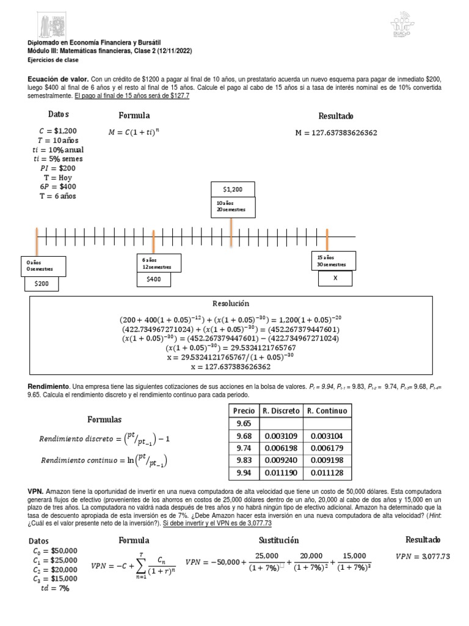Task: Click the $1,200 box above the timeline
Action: (233, 190)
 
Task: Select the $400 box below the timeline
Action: (153, 279)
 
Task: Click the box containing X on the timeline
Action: (335, 278)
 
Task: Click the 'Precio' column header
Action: (244, 411)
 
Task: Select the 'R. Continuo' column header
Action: (327, 411)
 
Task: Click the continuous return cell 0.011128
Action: (327, 472)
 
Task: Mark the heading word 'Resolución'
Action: (231, 304)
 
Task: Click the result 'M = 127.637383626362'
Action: (344, 133)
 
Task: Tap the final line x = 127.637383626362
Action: (231, 367)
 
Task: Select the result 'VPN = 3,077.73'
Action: (423, 556)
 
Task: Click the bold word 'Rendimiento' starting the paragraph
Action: (49, 387)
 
